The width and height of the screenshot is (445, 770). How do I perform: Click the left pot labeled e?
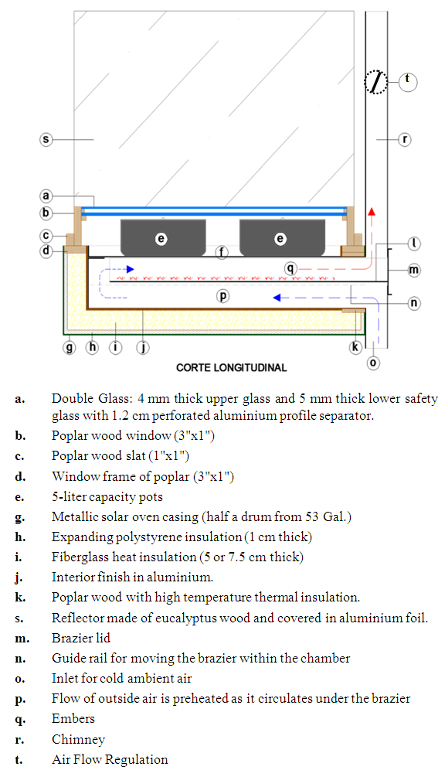[x=163, y=237]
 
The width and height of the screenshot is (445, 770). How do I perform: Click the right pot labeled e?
[x=282, y=237]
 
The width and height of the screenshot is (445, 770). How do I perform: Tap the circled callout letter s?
[x=46, y=139]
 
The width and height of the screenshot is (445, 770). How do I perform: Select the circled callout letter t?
[x=408, y=81]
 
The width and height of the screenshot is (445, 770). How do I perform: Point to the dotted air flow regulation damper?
[x=376, y=81]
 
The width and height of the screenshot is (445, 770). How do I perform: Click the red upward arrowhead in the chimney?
[x=372, y=211]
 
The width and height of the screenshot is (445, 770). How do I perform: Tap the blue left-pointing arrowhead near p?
[x=277, y=297]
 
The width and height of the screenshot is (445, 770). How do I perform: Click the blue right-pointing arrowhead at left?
[x=130, y=269]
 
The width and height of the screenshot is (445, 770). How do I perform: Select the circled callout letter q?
[x=291, y=268]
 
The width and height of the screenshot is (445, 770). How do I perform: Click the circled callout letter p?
[x=222, y=296]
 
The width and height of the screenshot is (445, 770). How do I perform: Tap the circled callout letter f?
[x=222, y=253]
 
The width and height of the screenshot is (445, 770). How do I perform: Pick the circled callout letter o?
[x=373, y=363]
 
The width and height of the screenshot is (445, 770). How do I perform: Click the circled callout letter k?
[x=355, y=347]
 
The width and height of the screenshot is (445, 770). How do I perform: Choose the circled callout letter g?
[x=70, y=348]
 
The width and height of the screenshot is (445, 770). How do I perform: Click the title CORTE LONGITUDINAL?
[x=232, y=368]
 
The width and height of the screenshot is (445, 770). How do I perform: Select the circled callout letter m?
[x=414, y=270]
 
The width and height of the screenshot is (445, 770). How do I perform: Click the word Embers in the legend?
[x=73, y=718]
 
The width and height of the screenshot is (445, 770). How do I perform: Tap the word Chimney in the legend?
[x=79, y=739]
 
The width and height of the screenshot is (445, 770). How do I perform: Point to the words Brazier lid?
[x=81, y=638]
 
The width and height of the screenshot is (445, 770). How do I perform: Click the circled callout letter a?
[x=46, y=196]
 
